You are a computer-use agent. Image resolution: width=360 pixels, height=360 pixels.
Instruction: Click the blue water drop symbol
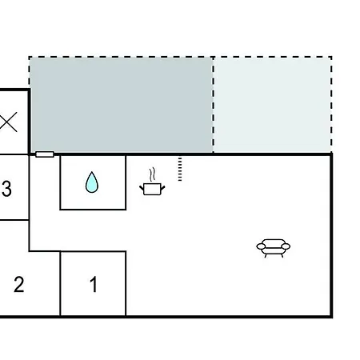92,182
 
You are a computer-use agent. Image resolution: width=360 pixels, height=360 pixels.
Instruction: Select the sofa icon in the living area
274,248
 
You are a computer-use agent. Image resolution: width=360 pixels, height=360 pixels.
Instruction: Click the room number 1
94,284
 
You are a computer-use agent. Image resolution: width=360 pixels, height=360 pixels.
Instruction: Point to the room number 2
19,284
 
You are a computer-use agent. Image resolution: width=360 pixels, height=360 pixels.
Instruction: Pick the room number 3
6,189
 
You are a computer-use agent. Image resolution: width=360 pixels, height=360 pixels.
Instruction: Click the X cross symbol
8,122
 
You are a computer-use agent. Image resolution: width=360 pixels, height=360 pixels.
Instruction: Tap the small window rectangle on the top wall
45,154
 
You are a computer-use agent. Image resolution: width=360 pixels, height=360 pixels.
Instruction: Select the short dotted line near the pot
180,169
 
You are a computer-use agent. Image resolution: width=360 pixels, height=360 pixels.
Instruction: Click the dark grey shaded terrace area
122,105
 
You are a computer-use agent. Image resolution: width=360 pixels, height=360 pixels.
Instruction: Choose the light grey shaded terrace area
273,105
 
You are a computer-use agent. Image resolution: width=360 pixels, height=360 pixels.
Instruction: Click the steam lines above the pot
152,174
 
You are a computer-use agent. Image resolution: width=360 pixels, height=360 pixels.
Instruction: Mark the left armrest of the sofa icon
261,246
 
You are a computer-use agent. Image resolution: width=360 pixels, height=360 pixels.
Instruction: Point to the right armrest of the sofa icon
286,246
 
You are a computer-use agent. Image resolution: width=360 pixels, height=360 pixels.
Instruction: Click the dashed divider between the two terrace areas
214,105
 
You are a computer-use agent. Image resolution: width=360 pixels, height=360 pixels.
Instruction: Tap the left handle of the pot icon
142,189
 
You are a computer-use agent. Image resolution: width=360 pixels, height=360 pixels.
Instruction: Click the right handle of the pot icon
162,189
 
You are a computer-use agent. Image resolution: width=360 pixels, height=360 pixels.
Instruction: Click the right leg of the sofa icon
282,255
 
